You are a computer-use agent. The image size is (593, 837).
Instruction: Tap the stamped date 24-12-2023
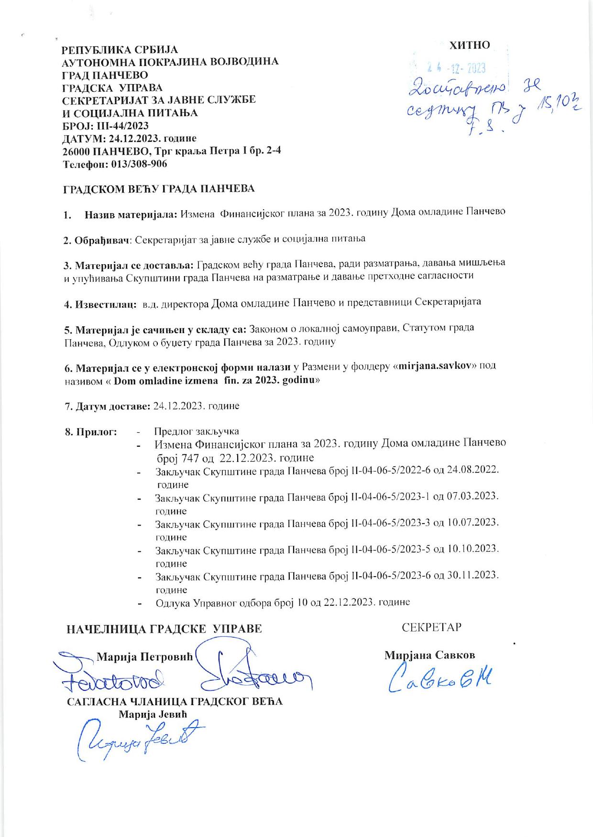point(456,69)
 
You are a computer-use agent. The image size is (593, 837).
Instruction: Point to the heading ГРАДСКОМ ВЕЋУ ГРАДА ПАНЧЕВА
point(159,189)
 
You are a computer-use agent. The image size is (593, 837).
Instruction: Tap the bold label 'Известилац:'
point(98,303)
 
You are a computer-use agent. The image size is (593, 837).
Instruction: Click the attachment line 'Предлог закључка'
point(197,431)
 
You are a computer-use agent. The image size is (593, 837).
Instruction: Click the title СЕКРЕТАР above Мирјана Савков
point(432,627)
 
